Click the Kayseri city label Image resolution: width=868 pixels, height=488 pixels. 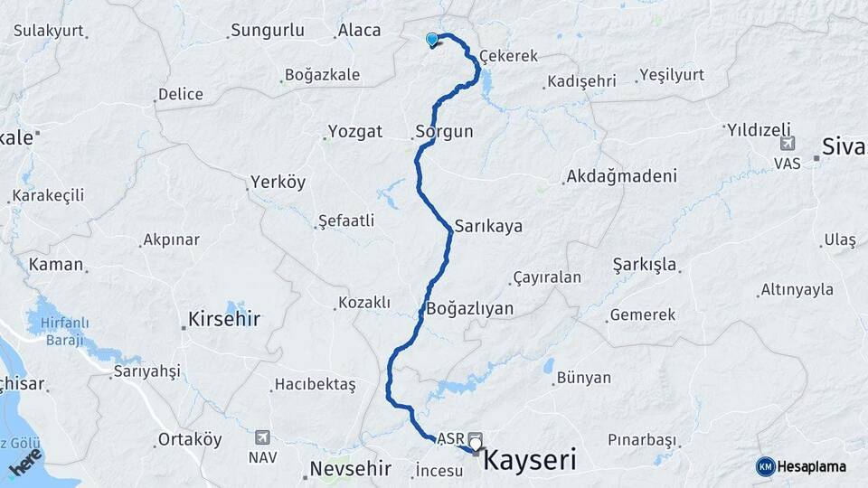point(531,460)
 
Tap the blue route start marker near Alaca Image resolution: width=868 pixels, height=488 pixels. point(432,39)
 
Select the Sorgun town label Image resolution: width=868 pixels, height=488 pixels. point(444,131)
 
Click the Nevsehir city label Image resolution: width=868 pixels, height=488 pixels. point(350,468)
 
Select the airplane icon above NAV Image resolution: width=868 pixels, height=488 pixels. point(262,436)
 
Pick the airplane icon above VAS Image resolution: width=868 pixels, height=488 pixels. point(787,144)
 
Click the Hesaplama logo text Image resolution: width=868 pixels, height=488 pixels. point(813,466)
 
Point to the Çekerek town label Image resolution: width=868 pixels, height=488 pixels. point(508,56)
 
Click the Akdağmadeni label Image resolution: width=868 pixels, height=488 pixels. point(621,176)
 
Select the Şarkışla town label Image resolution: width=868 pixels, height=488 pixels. point(645,265)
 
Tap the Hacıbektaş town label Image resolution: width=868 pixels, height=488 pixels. point(315,384)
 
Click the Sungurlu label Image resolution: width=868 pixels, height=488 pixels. point(267,31)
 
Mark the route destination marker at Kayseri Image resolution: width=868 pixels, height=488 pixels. point(475,442)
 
